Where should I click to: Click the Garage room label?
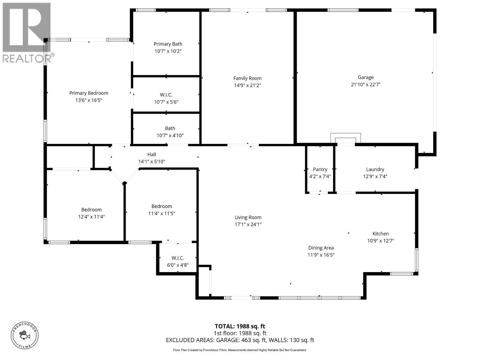365,77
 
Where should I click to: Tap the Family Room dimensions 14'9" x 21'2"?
247,85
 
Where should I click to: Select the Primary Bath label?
168,44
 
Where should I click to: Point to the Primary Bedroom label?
89,93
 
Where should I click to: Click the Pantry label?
320,169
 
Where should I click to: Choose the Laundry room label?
375,169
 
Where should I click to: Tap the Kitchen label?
380,234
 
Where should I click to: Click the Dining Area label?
321,248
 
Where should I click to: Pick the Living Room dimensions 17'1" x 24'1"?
248,224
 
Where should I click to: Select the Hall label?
151,154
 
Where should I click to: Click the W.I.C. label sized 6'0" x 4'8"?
178,258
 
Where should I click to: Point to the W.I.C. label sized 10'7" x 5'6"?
166,95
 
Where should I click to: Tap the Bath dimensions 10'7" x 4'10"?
170,136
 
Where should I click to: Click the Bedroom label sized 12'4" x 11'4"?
91,210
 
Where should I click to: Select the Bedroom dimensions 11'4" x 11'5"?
162,214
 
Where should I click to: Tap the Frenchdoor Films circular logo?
25,335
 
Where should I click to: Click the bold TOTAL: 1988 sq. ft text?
240,326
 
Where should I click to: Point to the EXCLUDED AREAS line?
240,340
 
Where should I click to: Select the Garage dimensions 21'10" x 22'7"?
366,85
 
